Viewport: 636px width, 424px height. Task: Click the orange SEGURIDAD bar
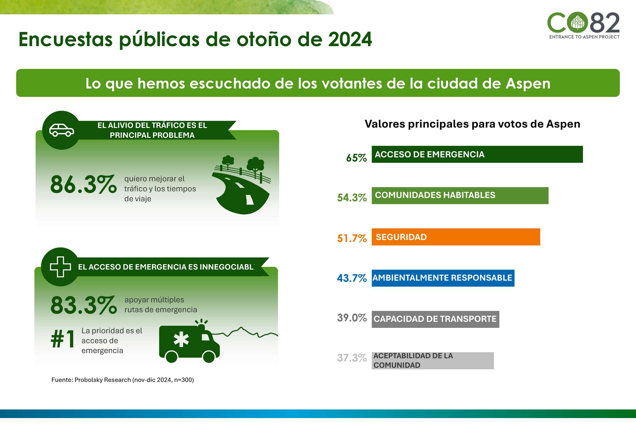coord(456,237)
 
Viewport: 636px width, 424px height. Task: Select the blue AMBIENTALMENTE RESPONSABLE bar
coord(443,278)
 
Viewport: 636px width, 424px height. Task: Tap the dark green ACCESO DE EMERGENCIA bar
coord(477,154)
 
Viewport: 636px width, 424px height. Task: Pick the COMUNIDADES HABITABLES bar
coord(460,195)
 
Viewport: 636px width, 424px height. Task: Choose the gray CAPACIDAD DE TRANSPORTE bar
coord(435,319)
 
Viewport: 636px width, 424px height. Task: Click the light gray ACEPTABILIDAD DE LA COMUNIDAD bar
coord(433,360)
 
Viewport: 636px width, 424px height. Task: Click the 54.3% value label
coord(352,198)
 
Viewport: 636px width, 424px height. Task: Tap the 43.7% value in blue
coord(352,278)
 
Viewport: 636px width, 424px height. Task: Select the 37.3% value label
coord(352,358)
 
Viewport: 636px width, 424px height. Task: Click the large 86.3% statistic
coord(83,185)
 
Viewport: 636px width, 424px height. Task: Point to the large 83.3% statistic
coord(83,305)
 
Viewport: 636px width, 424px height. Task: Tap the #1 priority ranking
coord(63,339)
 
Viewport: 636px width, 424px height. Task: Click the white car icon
coord(61,130)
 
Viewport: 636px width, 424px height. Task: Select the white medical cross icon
coord(60,267)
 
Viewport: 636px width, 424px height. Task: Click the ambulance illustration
coord(189,342)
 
